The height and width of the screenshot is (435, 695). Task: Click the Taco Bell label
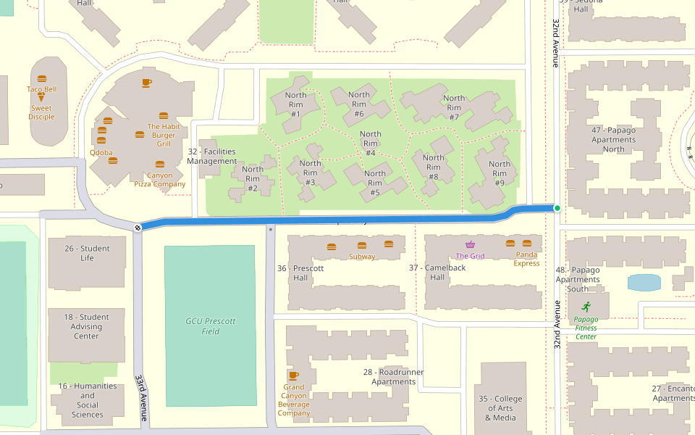point(41,89)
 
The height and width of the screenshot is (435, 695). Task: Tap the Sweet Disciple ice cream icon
point(41,97)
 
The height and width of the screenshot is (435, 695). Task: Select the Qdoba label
point(101,153)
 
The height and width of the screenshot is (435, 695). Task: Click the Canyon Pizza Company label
point(160,179)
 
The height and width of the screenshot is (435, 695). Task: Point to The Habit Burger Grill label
point(163,135)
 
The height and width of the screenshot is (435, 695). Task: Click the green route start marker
point(557,209)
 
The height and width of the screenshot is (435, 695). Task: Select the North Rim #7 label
point(454,107)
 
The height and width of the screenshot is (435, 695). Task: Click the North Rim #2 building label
point(253,179)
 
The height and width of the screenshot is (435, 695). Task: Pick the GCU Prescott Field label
point(210,326)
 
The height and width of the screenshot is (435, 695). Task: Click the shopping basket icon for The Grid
point(471,245)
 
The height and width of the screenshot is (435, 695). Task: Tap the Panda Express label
point(526,259)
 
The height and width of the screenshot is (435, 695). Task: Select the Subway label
point(362,257)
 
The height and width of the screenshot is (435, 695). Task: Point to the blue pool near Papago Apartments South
point(644,282)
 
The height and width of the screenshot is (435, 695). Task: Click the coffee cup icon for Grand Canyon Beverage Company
point(293,376)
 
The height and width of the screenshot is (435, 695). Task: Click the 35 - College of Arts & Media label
point(500,408)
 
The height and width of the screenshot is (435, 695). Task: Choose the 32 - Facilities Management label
point(211,156)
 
